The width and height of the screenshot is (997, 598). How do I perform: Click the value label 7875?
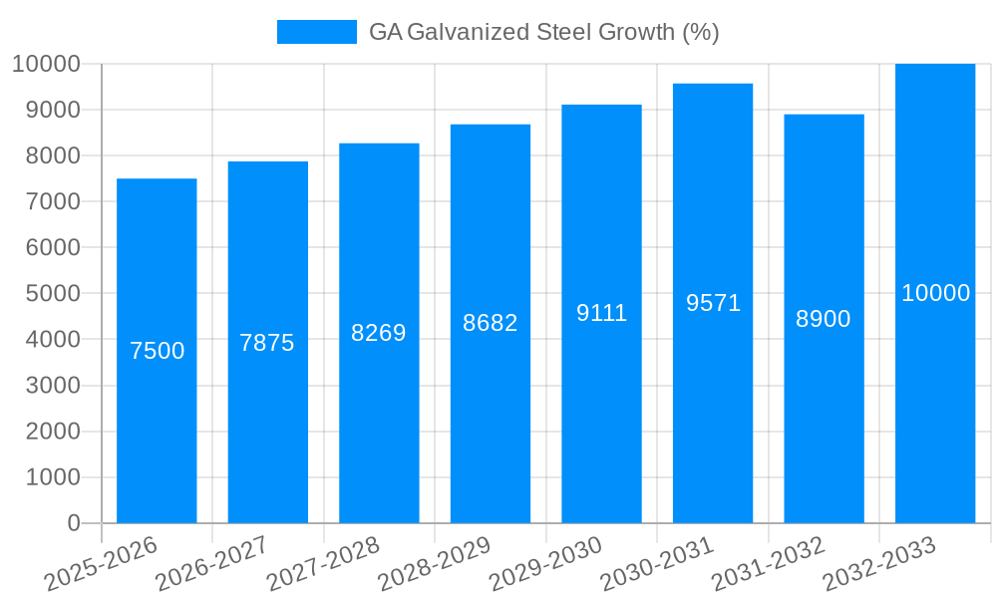[x=267, y=343]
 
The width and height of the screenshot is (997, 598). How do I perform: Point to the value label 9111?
[x=601, y=313]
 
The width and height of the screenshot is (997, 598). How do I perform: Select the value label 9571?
[x=713, y=303]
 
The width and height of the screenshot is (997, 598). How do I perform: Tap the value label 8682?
[x=490, y=323]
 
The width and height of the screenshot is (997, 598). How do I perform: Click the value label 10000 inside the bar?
[x=935, y=293]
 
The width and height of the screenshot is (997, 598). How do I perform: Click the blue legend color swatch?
[x=316, y=32]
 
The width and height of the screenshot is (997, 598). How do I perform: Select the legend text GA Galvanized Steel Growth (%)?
[x=543, y=32]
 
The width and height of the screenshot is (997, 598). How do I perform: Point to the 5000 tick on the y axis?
[x=45, y=294]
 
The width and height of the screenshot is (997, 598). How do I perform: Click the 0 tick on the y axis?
[x=73, y=523]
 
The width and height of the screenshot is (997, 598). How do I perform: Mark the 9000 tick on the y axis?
[x=45, y=110]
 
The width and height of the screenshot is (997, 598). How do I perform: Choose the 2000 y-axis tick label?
[x=45, y=432]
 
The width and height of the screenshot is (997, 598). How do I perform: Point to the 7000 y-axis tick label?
[x=45, y=201]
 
